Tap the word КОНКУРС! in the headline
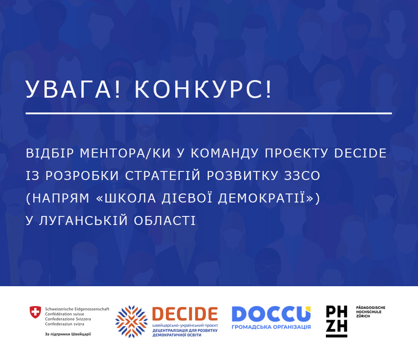(x=203, y=89)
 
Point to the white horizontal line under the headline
(x=209, y=113)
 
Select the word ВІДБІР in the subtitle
(x=50, y=153)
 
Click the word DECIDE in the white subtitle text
(x=360, y=153)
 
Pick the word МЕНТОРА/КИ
(x=125, y=153)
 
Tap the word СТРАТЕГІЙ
(x=163, y=175)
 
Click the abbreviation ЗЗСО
(x=302, y=175)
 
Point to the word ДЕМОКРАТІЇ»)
(x=269, y=198)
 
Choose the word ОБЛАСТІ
(x=165, y=220)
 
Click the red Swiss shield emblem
(x=35, y=312)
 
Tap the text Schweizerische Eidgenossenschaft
(x=77, y=309)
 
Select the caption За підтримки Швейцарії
(x=68, y=334)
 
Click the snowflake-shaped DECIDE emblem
(x=131, y=322)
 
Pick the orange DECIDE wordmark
(x=185, y=314)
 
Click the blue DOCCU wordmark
(x=271, y=314)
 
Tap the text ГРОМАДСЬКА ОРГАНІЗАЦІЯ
(x=271, y=327)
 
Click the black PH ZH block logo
(x=337, y=321)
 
